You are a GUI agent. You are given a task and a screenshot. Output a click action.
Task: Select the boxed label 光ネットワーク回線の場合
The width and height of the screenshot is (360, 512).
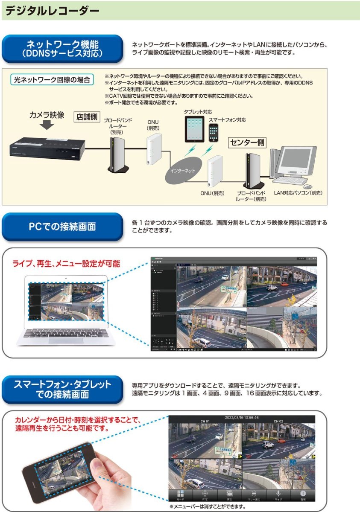pos(52,79)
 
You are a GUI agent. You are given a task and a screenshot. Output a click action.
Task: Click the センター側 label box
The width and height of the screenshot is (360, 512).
pos(247,143)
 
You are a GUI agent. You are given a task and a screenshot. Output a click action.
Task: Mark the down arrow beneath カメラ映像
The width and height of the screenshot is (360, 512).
pos(47,125)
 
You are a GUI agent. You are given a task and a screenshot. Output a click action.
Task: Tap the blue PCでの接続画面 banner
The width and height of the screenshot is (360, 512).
pos(62,227)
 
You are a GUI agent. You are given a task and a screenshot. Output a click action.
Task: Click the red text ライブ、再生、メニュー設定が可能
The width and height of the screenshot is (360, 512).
pos(66,264)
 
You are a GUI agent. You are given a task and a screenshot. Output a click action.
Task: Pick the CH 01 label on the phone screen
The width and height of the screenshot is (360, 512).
pos(205,422)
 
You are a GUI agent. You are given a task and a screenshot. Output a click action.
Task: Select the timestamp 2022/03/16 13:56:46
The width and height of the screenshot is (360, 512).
pos(242,417)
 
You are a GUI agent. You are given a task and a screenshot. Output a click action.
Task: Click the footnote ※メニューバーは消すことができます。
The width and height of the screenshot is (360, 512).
pos(208,506)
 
